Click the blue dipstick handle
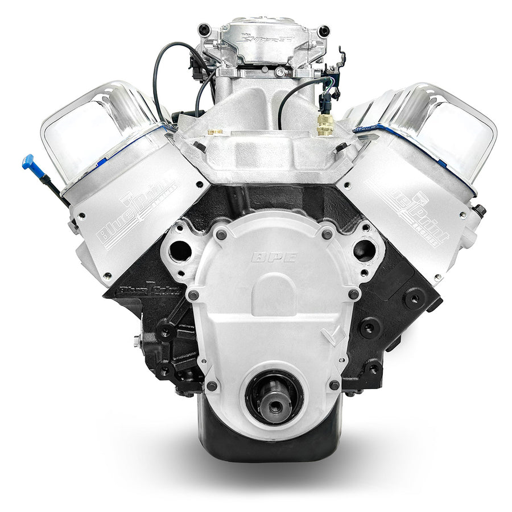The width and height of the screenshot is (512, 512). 29,162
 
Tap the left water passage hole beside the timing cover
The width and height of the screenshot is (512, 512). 181,249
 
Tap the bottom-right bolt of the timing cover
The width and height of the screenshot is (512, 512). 334,385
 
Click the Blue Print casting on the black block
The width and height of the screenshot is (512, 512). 151,291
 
